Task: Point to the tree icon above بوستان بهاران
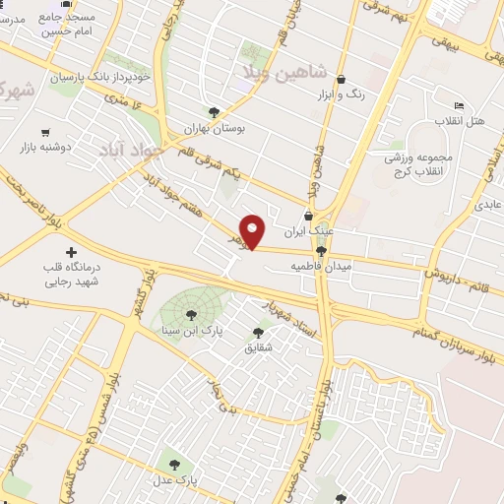pyautogui.click(x=214, y=112)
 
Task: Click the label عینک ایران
pyautogui.click(x=309, y=233)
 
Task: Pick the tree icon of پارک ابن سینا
pyautogui.click(x=191, y=315)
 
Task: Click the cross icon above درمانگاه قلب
pyautogui.click(x=70, y=252)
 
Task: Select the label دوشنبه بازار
pyautogui.click(x=44, y=147)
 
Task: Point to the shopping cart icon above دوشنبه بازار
pyautogui.click(x=44, y=132)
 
